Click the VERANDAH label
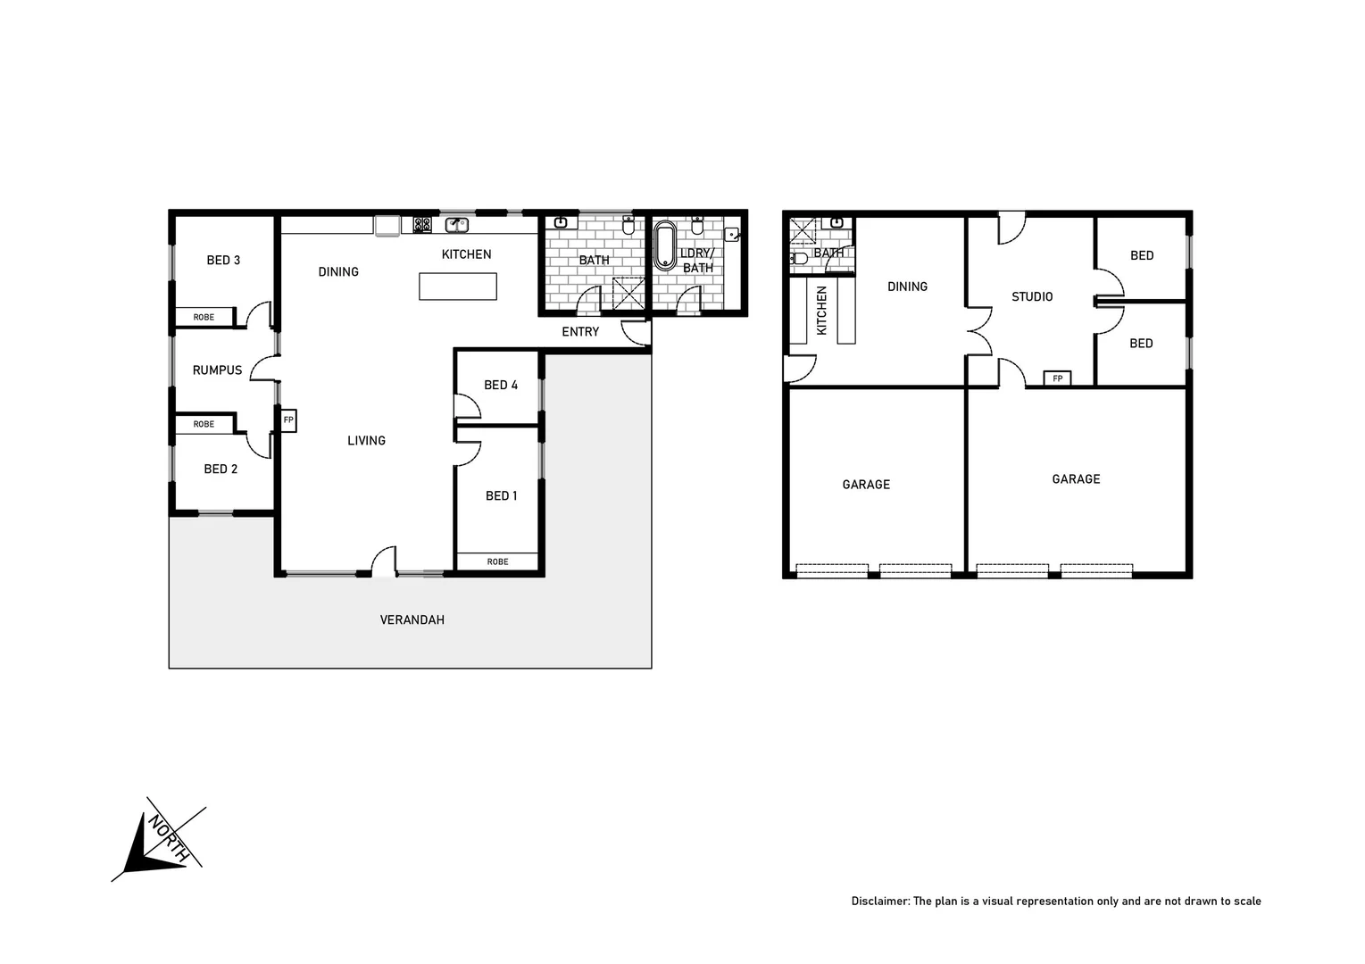point(412,619)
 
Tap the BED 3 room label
point(223,261)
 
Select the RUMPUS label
point(217,370)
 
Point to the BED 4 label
point(501,385)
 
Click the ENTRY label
point(580,332)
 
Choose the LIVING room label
point(366,441)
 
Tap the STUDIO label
point(1032,297)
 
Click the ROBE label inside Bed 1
point(497,561)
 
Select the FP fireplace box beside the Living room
point(288,420)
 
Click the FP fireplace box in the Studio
point(1058,378)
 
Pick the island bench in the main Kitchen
point(457,287)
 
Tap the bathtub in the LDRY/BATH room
point(665,247)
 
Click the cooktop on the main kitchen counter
point(422,225)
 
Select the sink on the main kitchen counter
point(457,225)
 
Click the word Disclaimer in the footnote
point(879,902)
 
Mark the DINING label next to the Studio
point(907,287)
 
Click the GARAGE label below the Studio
point(1076,479)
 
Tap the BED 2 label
point(221,470)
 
